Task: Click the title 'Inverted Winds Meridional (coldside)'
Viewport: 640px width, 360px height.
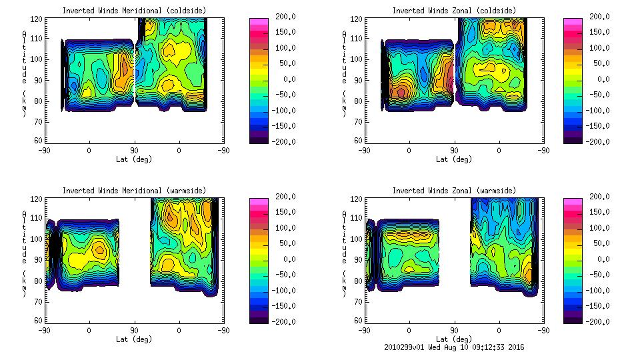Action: [x=134, y=11]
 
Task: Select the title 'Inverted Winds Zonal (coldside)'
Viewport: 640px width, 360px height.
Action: [x=454, y=11]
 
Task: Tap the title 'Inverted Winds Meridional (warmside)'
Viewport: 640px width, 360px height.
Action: [x=134, y=191]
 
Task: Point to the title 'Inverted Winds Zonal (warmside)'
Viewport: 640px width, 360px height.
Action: [x=454, y=191]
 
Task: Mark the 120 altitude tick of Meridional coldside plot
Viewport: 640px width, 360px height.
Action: [x=39, y=20]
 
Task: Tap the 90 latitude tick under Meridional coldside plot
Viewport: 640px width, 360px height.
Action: [x=134, y=150]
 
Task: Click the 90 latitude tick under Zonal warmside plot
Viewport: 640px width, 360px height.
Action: [x=454, y=330]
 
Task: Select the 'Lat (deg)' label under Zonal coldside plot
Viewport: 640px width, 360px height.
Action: [x=454, y=159]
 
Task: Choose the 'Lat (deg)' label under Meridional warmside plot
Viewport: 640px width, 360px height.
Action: [x=134, y=339]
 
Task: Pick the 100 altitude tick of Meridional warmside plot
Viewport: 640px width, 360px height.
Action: [x=39, y=239]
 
